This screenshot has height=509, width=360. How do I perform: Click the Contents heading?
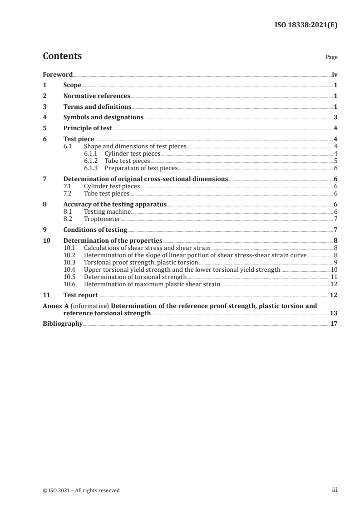pos(62,56)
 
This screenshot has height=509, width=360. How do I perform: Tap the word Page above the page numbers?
pos(331,58)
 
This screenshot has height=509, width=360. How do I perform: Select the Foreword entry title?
pos(58,74)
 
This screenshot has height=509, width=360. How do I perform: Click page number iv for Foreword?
pos(334,74)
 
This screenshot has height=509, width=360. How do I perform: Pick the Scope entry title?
pos(72,85)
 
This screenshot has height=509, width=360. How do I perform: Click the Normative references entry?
pos(97,96)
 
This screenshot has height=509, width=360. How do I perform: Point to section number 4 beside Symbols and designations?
pos(44,117)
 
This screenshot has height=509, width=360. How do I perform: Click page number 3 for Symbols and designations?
pos(335,117)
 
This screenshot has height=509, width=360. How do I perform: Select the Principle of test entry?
pos(88,128)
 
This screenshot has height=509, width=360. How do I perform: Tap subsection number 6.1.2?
pos(91,161)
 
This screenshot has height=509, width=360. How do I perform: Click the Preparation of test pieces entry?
pos(141,168)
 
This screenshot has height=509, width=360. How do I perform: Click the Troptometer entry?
pos(102,219)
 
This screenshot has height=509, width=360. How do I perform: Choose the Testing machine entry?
pos(107,212)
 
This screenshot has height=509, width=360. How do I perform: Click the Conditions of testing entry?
pos(95,230)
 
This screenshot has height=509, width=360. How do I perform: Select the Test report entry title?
pos(80,295)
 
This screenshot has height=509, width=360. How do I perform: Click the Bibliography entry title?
pos(63,324)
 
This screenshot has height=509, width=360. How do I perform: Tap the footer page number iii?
pos(334,490)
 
